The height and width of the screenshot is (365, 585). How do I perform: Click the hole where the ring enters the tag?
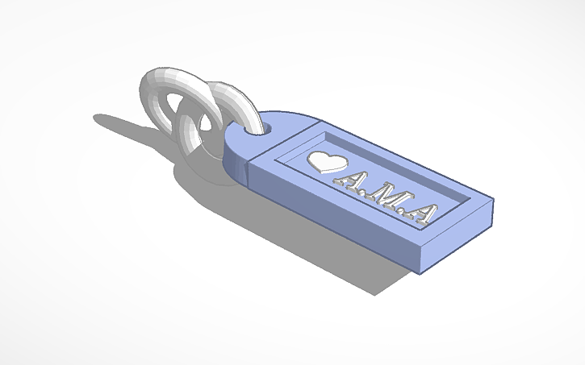[264, 127]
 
